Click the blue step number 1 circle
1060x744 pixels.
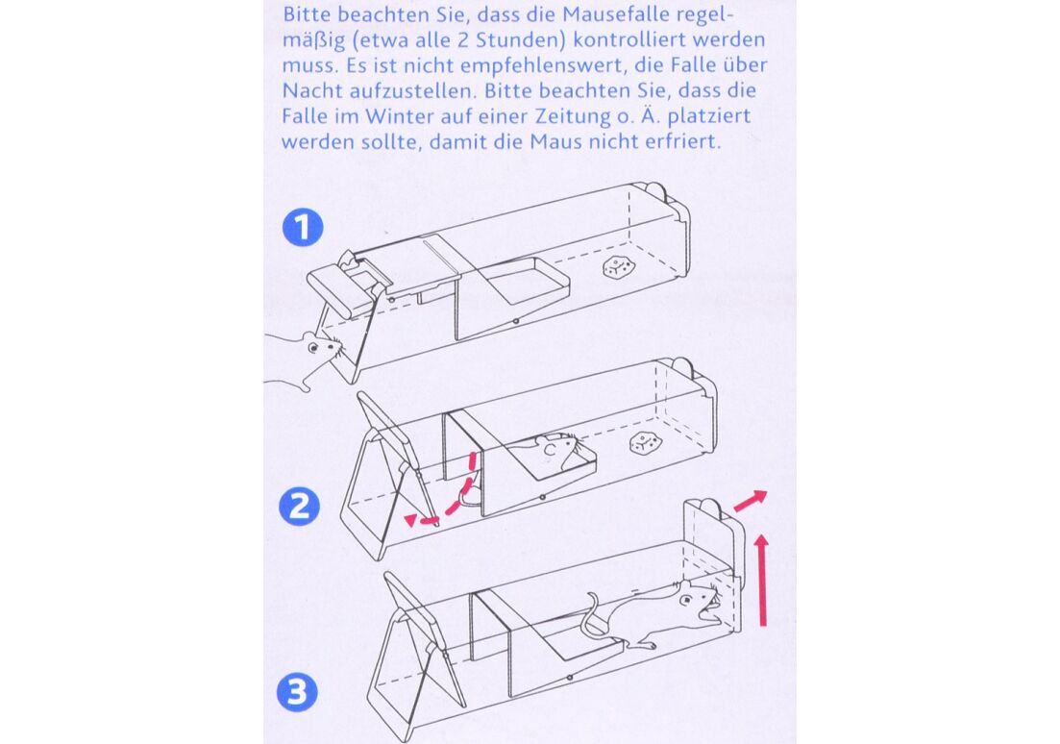(x=303, y=227)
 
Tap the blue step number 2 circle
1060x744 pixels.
(x=300, y=507)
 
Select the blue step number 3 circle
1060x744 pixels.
(x=298, y=693)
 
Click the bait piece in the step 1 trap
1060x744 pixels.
(x=617, y=267)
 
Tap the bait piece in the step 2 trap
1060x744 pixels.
(x=644, y=443)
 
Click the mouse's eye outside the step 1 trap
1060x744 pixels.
(x=314, y=347)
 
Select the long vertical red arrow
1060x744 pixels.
(x=763, y=580)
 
